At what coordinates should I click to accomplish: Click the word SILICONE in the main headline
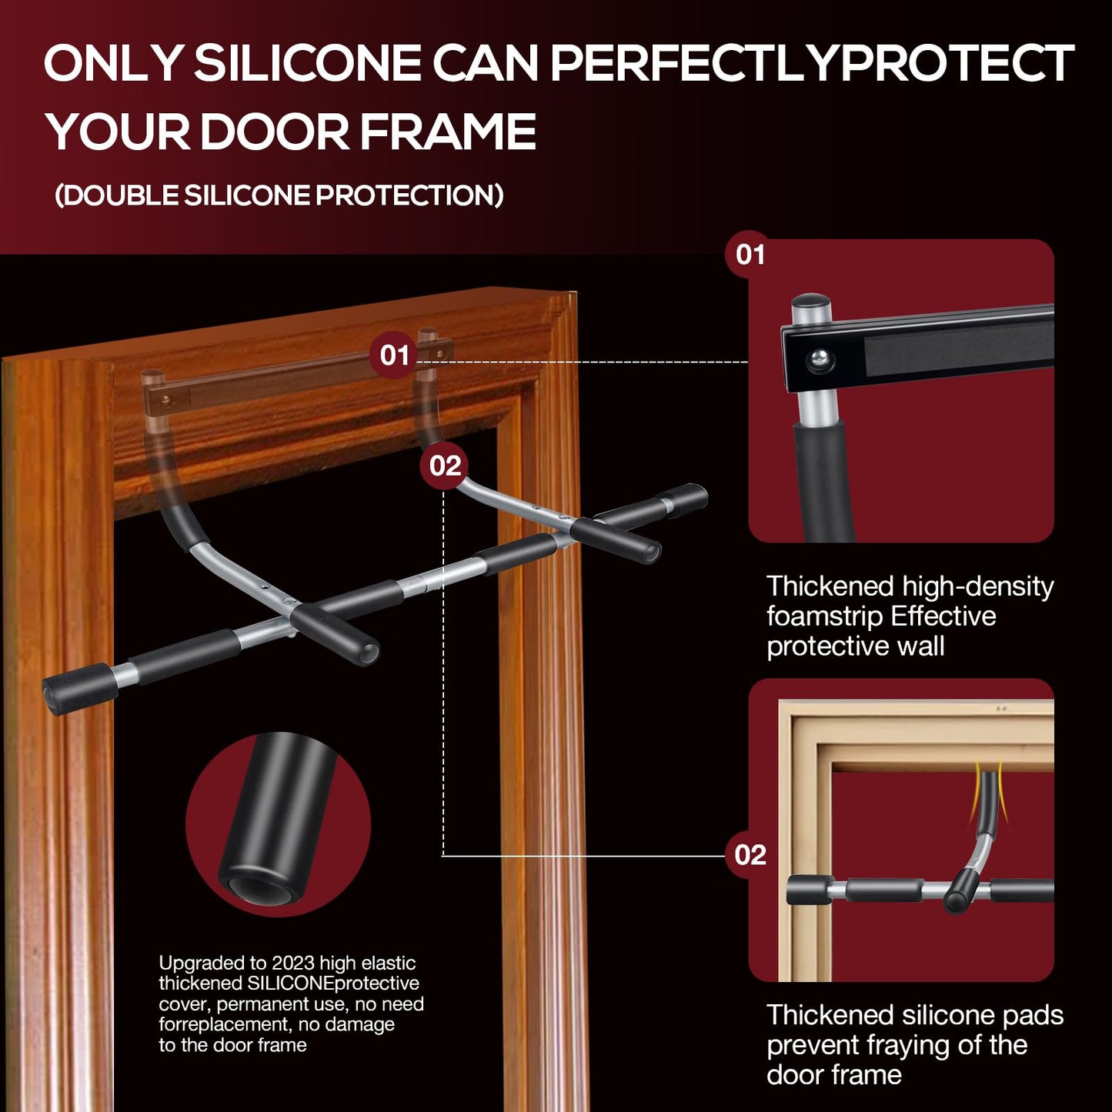pyautogui.click(x=308, y=63)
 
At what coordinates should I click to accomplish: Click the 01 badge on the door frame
pyautogui.click(x=394, y=356)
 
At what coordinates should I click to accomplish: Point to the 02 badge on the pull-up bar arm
pyautogui.click(x=444, y=465)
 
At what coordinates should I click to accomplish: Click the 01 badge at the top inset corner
pyautogui.click(x=750, y=255)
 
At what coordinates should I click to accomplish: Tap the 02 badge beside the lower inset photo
pyautogui.click(x=750, y=855)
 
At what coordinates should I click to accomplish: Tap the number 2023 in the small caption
pyautogui.click(x=292, y=963)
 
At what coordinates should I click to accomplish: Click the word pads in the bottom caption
pyautogui.click(x=1033, y=1016)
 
